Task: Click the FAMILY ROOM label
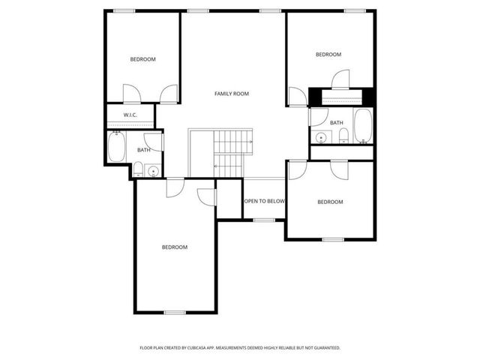click(x=231, y=94)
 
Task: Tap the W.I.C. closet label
click(x=129, y=115)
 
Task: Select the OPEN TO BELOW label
click(x=264, y=201)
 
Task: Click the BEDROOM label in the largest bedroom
click(x=175, y=247)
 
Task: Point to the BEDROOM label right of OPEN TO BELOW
click(x=329, y=202)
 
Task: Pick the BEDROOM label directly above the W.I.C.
click(x=142, y=59)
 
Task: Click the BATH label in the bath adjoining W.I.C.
click(x=143, y=150)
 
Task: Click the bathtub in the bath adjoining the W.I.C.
click(x=117, y=147)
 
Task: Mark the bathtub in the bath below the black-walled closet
click(x=363, y=125)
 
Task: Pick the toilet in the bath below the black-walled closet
click(x=343, y=135)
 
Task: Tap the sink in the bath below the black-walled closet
click(x=321, y=137)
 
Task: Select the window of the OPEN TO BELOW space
click(x=264, y=220)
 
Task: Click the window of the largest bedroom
click(x=175, y=313)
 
